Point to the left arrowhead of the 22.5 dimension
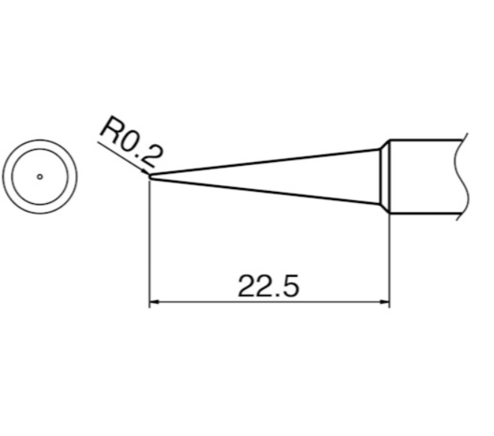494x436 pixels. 155,303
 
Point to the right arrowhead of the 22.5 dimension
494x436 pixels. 386,303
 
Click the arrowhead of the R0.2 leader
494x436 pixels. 147,173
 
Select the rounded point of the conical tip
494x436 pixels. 151,177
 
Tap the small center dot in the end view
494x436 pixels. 40,177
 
